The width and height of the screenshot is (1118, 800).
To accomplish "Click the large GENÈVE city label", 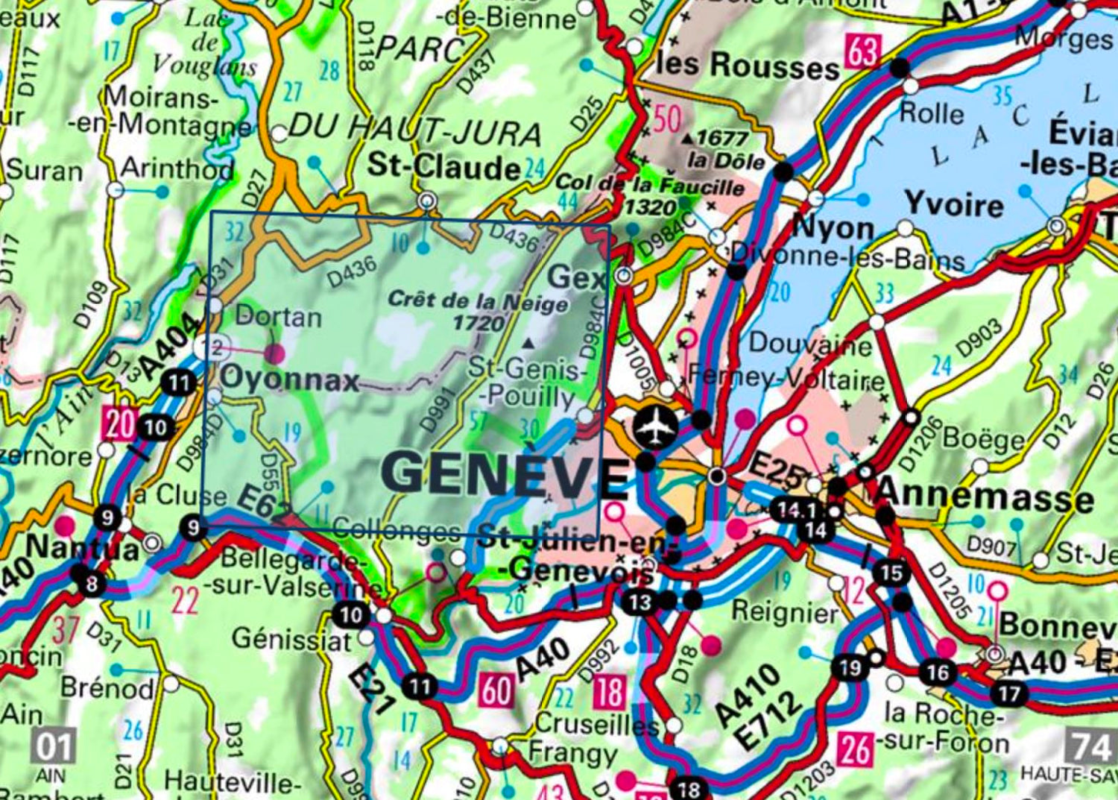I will pyautogui.click(x=505, y=476).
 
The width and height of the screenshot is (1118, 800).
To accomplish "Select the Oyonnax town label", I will pyautogui.click(x=289, y=379).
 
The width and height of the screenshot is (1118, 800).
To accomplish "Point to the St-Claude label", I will pyautogui.click(x=443, y=166).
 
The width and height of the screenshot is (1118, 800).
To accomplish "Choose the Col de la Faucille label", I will pyautogui.click(x=650, y=185).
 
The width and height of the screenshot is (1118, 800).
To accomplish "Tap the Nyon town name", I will pyautogui.click(x=833, y=228).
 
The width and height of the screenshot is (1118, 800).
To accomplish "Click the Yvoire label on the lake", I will pyautogui.click(x=953, y=205).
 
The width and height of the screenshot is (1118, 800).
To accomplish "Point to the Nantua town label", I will pyautogui.click(x=82, y=549).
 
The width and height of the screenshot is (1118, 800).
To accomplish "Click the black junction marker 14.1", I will pyautogui.click(x=797, y=511).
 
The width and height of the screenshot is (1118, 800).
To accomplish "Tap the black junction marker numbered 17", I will pyautogui.click(x=1008, y=693).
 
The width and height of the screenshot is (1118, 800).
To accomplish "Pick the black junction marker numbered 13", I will pyautogui.click(x=639, y=602).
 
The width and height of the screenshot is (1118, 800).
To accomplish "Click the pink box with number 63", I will pyautogui.click(x=862, y=53).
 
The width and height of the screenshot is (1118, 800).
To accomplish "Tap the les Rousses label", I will pyautogui.click(x=747, y=66).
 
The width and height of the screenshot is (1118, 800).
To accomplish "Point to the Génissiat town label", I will pyautogui.click(x=290, y=639).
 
